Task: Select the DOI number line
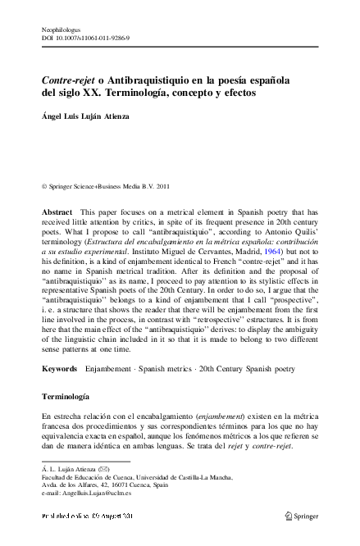85,38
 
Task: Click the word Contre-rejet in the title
68,82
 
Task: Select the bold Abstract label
57,212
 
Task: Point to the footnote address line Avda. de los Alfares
112,488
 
